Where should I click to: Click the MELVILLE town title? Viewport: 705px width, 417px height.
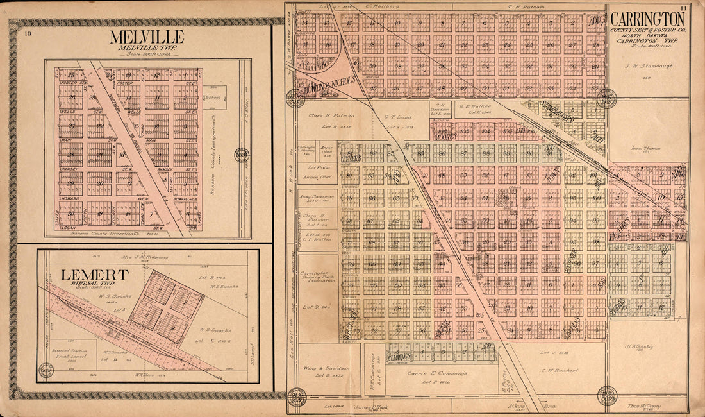click(146, 37)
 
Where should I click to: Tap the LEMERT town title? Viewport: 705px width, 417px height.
click(95, 275)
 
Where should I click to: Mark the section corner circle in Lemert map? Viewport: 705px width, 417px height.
click(46, 370)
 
